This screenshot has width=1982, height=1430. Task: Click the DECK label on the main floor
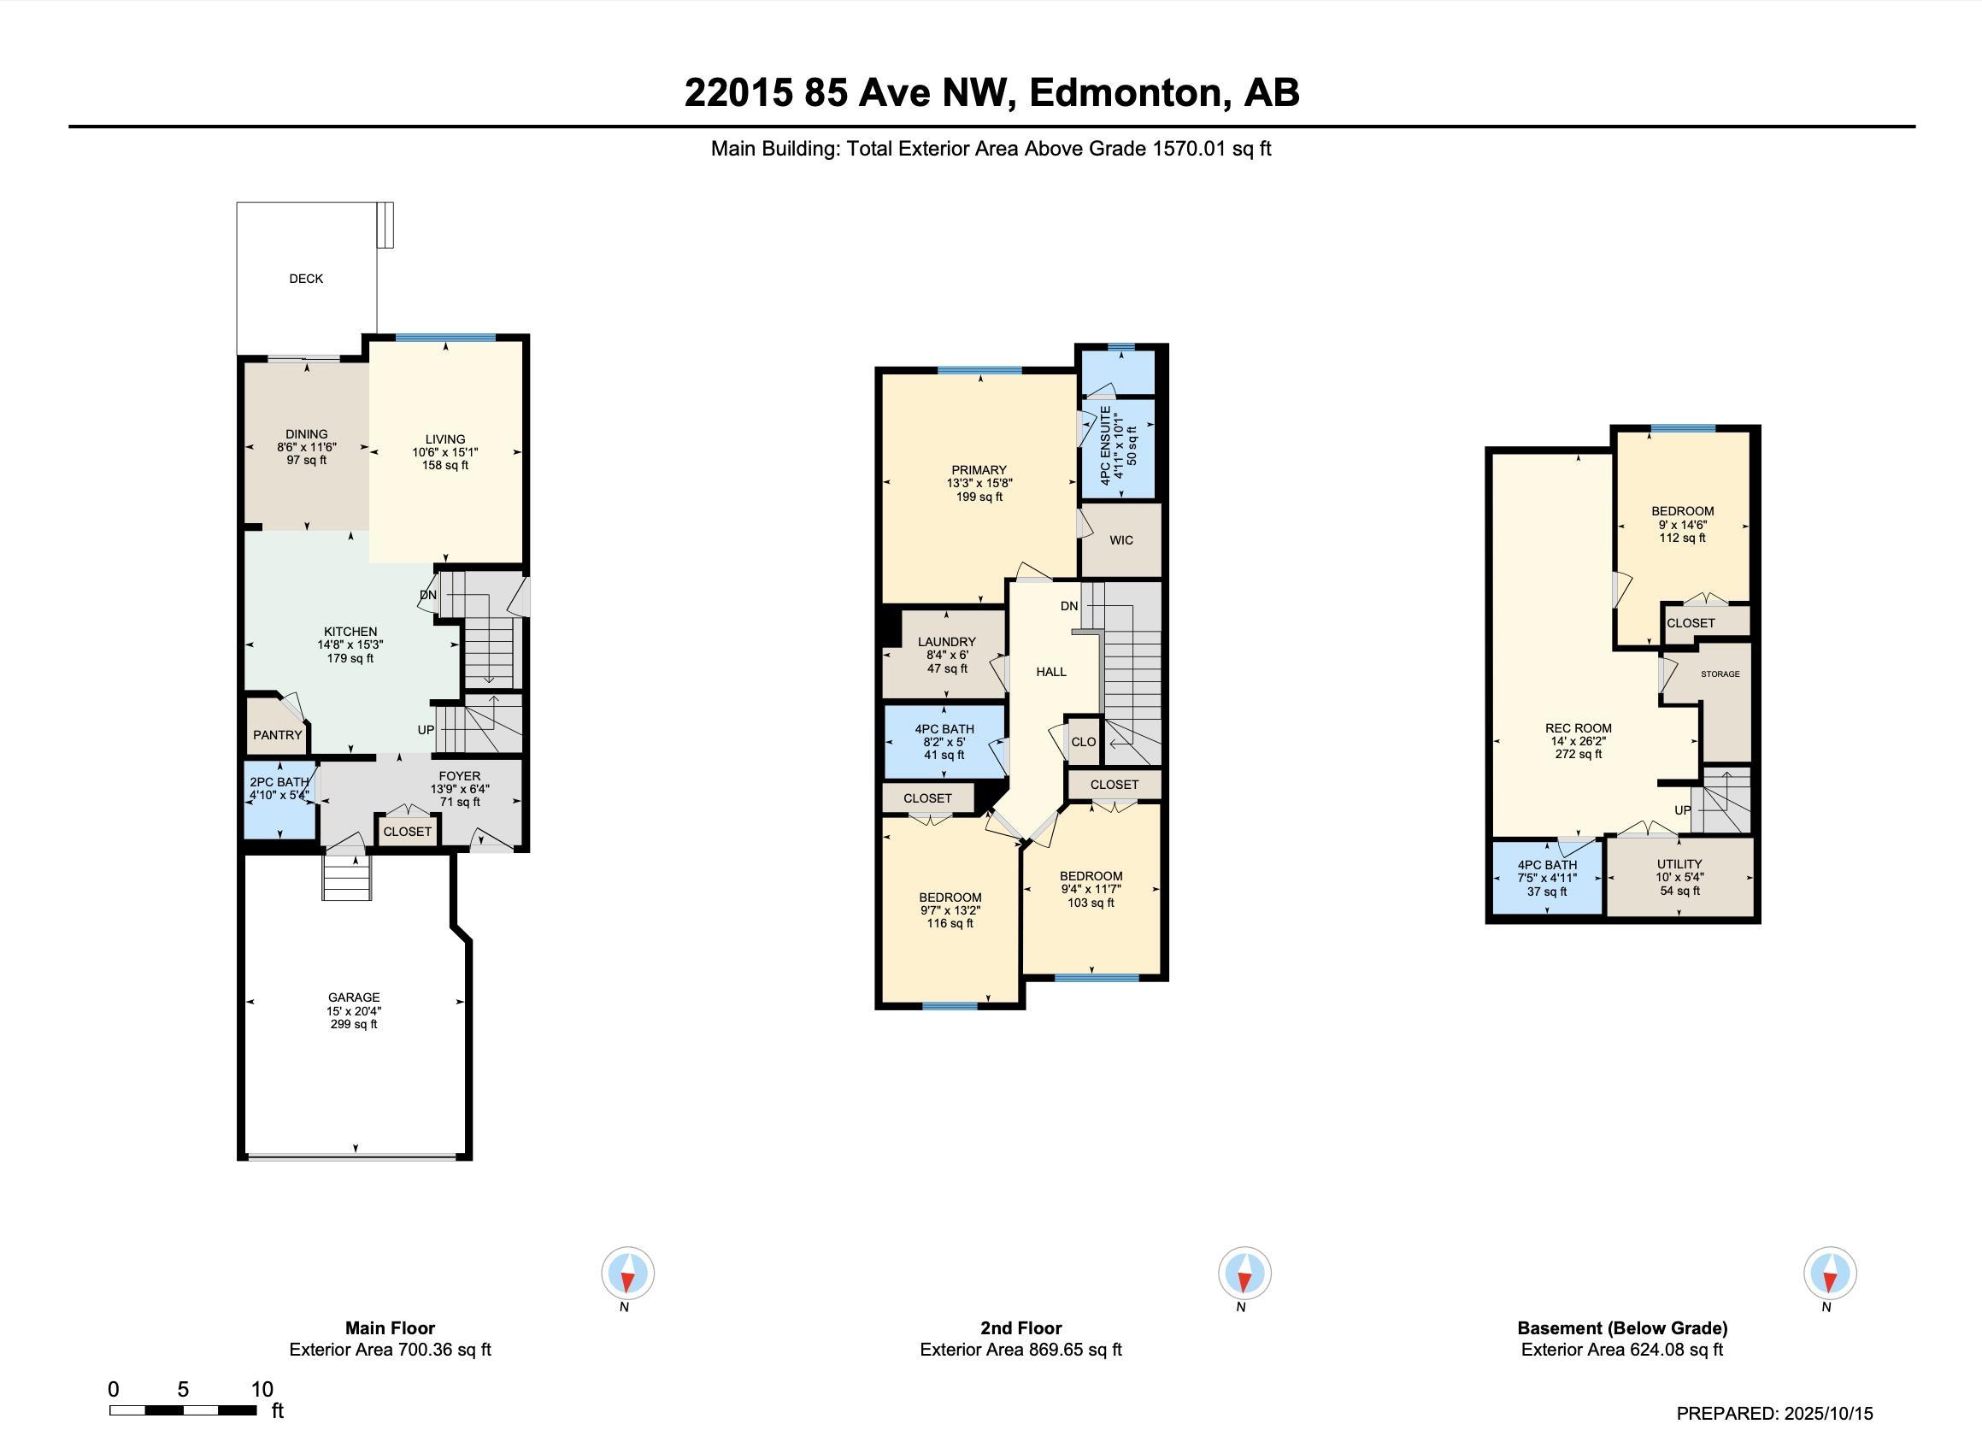[x=306, y=279]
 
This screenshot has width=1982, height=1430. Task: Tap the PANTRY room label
[x=277, y=735]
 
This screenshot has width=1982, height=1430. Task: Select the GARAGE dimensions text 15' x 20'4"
[x=354, y=1010]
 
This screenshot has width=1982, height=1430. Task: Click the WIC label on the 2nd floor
[x=1121, y=540]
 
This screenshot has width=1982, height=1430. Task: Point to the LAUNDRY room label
[x=946, y=642]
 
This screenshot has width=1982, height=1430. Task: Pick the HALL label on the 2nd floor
[x=1051, y=672]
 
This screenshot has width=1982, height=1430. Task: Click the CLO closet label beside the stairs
[x=1084, y=741]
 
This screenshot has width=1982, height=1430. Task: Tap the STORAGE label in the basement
[x=1720, y=674]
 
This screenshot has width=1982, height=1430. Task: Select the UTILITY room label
[x=1679, y=863]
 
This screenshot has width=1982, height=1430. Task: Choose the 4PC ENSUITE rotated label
[x=1105, y=445]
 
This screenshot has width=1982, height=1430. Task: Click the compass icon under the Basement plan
[x=1830, y=1273]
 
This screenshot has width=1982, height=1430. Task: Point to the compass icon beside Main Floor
[x=627, y=1273]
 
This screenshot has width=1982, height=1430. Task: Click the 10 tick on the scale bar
[x=262, y=1389]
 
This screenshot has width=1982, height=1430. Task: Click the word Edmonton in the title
[x=1126, y=92]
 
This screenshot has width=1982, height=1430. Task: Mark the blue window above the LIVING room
[x=445, y=338]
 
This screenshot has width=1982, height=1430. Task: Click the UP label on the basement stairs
[x=1682, y=810]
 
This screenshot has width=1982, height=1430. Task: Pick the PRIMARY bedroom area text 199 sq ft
[x=979, y=497]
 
